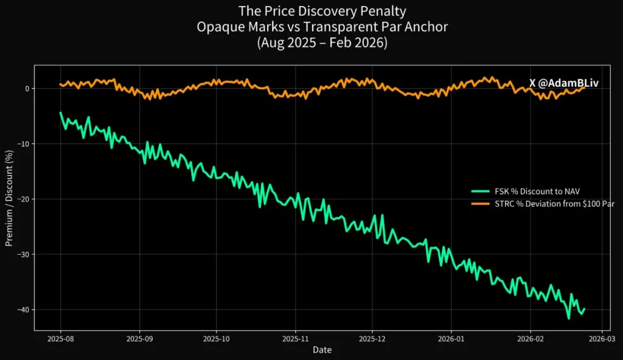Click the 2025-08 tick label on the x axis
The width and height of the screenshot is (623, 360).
coord(60,339)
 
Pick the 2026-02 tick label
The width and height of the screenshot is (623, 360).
coord(530,339)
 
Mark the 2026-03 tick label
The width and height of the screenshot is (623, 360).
coord(601,339)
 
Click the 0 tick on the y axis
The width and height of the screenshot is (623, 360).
coord(26,89)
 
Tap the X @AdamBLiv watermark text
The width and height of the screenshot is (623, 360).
coord(563,83)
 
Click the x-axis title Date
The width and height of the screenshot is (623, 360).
coord(322,350)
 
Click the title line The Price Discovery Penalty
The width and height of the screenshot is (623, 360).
coord(322,12)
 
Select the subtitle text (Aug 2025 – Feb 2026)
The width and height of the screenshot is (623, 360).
coord(322,43)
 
